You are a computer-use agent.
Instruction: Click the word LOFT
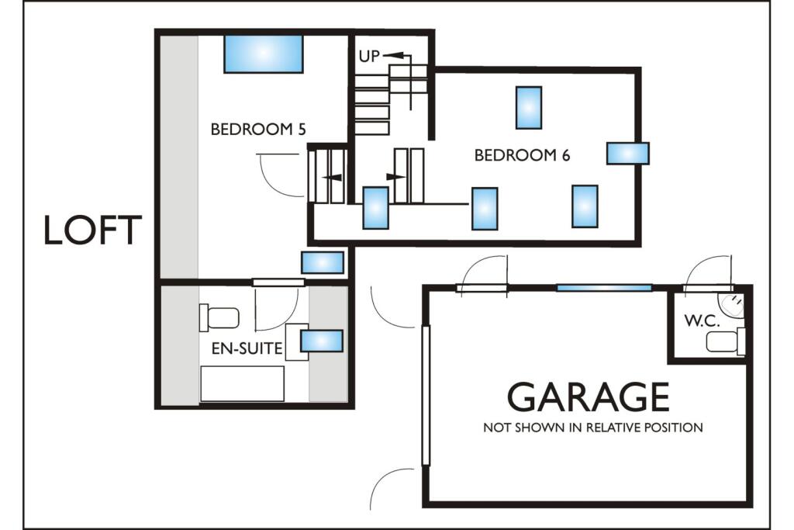[92, 231]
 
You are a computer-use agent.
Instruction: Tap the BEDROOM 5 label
[257, 129]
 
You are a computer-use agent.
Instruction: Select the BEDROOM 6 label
[522, 155]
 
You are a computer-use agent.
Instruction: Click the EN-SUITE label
[247, 349]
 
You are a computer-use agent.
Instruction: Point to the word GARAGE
[588, 397]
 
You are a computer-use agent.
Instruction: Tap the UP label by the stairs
[369, 57]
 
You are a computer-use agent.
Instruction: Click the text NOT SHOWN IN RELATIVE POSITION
[593, 428]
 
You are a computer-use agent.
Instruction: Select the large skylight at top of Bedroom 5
[263, 54]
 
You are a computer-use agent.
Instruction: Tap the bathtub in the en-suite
[242, 383]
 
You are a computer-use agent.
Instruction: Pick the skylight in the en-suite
[321, 341]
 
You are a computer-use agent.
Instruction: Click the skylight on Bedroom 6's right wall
[627, 153]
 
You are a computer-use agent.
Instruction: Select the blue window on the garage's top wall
[604, 288]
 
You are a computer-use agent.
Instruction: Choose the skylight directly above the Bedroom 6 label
[529, 107]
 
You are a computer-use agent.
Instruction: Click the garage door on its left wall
[426, 396]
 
